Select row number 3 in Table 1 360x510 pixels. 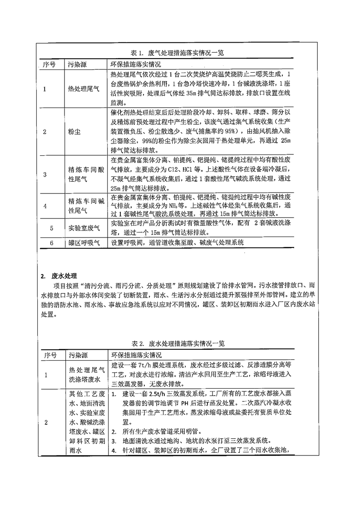tap(44, 174)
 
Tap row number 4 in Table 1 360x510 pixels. tap(44, 205)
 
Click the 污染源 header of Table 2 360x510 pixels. tap(77, 355)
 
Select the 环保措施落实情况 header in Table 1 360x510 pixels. tap(136, 64)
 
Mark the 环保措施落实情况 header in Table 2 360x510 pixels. tap(136, 355)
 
